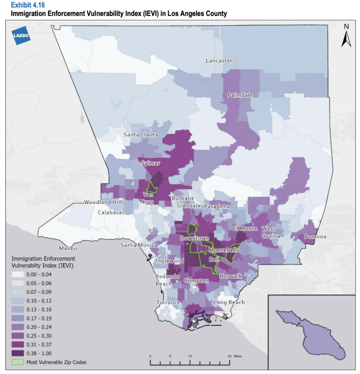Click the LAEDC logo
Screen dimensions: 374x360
[20, 35]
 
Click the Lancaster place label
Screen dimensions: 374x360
[219, 61]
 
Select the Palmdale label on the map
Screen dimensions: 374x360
[239, 95]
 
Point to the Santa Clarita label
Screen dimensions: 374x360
[141, 135]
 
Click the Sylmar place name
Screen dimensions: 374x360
[151, 163]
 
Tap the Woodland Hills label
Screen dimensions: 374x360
[104, 202]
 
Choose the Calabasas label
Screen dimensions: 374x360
[111, 212]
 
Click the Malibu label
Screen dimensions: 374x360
[68, 249]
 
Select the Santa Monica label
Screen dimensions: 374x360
[139, 245]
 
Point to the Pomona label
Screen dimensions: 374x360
[314, 236]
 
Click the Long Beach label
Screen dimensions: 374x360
[229, 302]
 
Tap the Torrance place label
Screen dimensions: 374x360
[168, 302]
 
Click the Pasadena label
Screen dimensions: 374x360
[216, 206]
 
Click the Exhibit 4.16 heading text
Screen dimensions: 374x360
[27, 4]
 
